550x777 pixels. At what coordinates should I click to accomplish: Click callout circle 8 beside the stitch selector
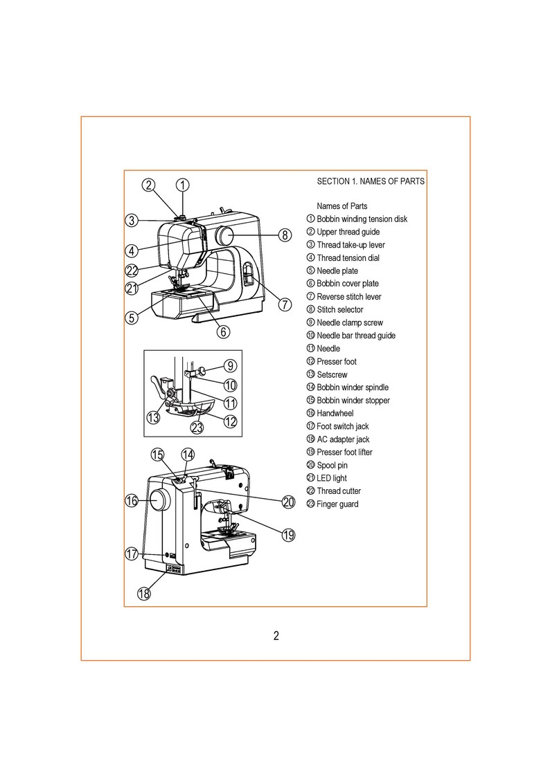[284, 235]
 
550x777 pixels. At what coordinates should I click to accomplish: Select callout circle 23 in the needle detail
[197, 428]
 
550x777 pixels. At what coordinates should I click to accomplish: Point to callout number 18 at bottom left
[144, 593]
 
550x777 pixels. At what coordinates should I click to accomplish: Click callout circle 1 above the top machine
[182, 185]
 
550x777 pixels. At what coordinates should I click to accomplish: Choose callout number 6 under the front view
[222, 331]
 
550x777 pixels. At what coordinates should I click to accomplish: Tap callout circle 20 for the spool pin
[288, 502]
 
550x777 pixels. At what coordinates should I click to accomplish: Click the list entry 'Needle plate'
[337, 271]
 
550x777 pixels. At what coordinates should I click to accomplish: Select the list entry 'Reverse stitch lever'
[348, 297]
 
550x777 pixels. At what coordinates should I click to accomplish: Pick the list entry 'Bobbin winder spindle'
[353, 387]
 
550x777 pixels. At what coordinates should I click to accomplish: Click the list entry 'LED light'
[332, 478]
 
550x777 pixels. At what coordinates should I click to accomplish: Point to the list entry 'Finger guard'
[337, 504]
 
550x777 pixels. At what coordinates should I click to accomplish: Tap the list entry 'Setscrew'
[332, 374]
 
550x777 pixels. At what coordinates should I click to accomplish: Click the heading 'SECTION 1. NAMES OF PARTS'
[371, 182]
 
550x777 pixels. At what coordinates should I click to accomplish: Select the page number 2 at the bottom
[276, 637]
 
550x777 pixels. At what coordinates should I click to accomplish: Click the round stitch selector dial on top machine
[224, 235]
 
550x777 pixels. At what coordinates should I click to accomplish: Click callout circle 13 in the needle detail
[153, 417]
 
